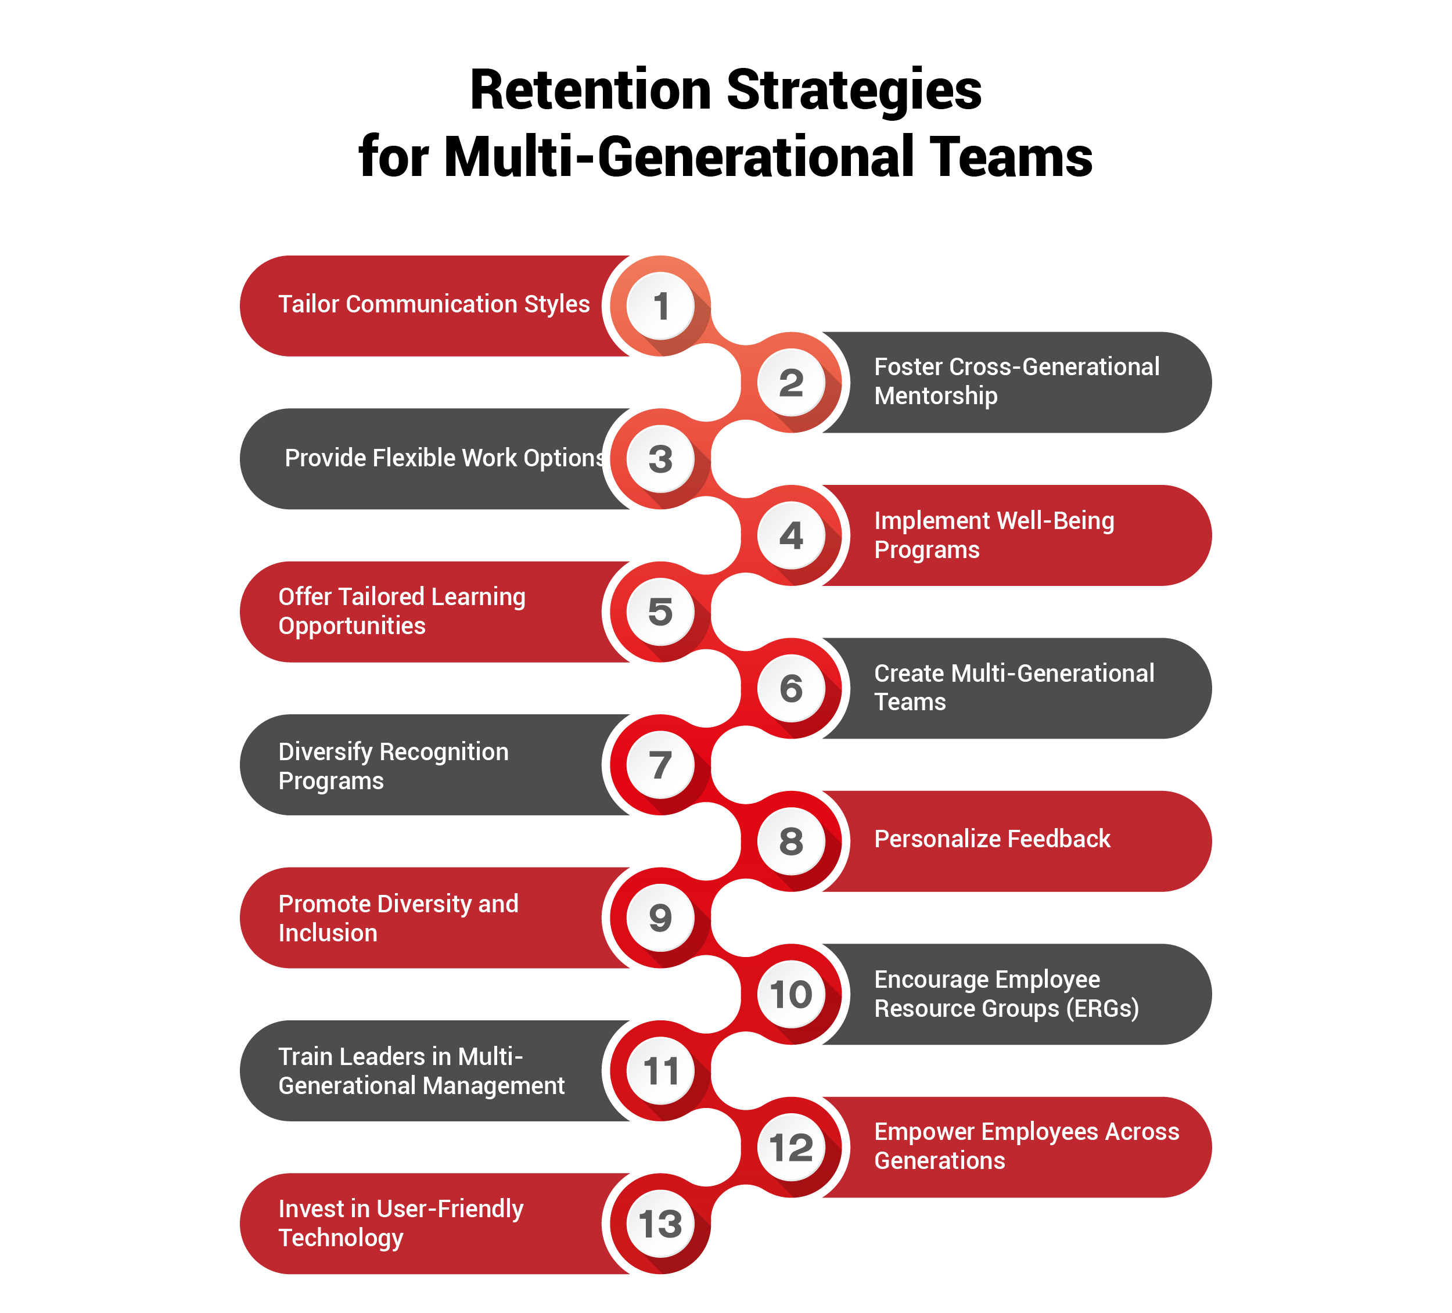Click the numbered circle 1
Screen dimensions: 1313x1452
tap(660, 306)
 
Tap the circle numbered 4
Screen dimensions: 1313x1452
tap(791, 535)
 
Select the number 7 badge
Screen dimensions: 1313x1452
tap(660, 765)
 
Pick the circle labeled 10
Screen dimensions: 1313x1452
tap(791, 995)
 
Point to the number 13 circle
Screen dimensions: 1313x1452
tap(660, 1224)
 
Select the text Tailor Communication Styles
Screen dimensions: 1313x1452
tap(434, 304)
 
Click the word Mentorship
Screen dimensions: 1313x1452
tap(936, 395)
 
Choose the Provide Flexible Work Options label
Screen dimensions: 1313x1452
tap(444, 458)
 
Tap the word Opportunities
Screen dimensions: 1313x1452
tap(351, 626)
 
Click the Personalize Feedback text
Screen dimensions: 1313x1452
tap(992, 839)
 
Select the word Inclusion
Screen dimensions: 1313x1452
tap(328, 933)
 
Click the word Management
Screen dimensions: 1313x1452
tap(497, 1085)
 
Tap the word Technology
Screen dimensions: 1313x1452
tap(341, 1238)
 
